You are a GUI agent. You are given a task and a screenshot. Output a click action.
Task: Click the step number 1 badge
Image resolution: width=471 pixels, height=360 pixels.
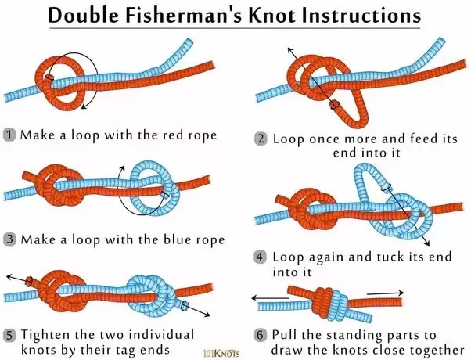pyautogui.click(x=10, y=134)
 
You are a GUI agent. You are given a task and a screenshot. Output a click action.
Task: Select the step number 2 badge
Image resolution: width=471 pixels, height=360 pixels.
pyautogui.click(x=261, y=139)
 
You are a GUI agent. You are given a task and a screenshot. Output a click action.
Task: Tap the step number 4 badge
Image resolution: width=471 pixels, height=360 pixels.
pyautogui.click(x=261, y=257)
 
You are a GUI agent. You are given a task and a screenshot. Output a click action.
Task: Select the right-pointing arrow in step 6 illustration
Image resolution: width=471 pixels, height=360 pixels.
pyautogui.click(x=383, y=293)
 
